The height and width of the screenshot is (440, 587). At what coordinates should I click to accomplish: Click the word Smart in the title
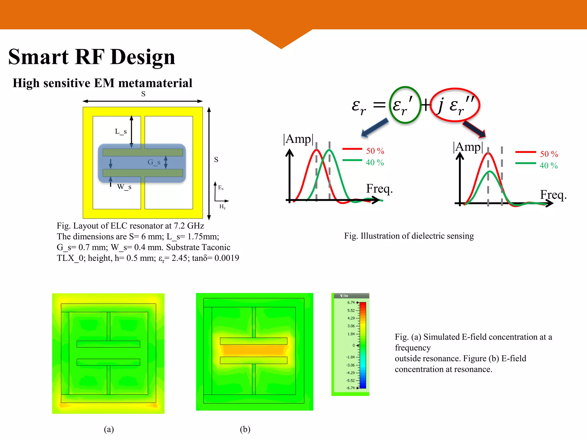(38, 57)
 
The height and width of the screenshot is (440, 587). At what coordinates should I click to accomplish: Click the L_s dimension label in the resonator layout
(121, 131)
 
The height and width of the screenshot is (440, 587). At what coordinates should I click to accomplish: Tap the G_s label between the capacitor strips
(154, 162)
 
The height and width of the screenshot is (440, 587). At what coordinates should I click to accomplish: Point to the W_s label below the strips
(124, 187)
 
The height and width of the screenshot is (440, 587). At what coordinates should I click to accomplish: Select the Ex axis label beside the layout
(221, 188)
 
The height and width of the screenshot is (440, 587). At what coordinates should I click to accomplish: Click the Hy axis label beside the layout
(222, 207)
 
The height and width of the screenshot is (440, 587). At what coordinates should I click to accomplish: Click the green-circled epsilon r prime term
(404, 105)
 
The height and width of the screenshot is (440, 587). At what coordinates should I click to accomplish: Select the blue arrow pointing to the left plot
(375, 128)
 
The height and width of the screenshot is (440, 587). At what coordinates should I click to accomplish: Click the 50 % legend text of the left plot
(375, 151)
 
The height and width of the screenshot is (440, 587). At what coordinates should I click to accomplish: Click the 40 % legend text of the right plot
(549, 166)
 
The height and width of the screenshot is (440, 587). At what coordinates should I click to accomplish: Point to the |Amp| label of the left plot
(298, 139)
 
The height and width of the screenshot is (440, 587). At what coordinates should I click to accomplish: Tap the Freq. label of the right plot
(553, 195)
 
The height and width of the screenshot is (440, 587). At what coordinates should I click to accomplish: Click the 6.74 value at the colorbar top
(351, 302)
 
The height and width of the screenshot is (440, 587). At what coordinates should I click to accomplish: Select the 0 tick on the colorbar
(354, 345)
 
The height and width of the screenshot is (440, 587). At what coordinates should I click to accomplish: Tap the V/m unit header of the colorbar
(344, 296)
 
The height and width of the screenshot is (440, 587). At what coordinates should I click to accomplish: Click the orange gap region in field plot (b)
(253, 350)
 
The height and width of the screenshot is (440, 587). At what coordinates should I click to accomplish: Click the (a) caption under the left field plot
(109, 429)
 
